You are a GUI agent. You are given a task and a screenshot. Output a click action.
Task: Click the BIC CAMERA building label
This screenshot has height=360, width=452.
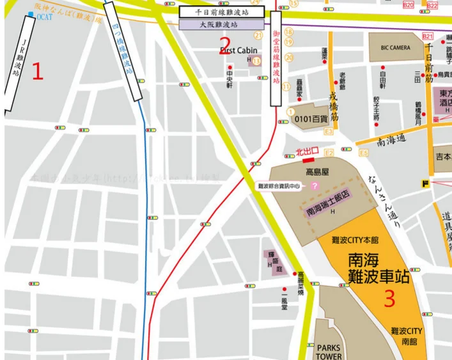[x=396, y=47]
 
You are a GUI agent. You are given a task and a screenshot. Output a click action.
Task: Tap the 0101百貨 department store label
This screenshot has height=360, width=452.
[x=310, y=118]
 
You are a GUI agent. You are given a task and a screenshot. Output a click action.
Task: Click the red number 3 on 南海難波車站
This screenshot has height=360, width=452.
[x=389, y=299]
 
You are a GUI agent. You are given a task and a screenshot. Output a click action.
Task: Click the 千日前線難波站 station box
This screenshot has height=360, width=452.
[x=222, y=12]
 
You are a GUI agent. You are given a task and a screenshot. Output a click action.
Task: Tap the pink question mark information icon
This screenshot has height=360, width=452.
[x=314, y=185]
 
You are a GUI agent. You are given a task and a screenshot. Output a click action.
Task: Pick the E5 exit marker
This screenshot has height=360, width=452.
[x=364, y=153]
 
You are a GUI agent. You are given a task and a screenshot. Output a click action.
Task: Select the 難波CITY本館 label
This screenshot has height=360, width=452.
[x=355, y=240]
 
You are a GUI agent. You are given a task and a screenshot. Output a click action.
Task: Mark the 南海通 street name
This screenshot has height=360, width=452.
[x=391, y=137]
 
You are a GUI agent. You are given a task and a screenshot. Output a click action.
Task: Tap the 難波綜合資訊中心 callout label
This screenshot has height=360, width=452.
[x=282, y=185]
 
